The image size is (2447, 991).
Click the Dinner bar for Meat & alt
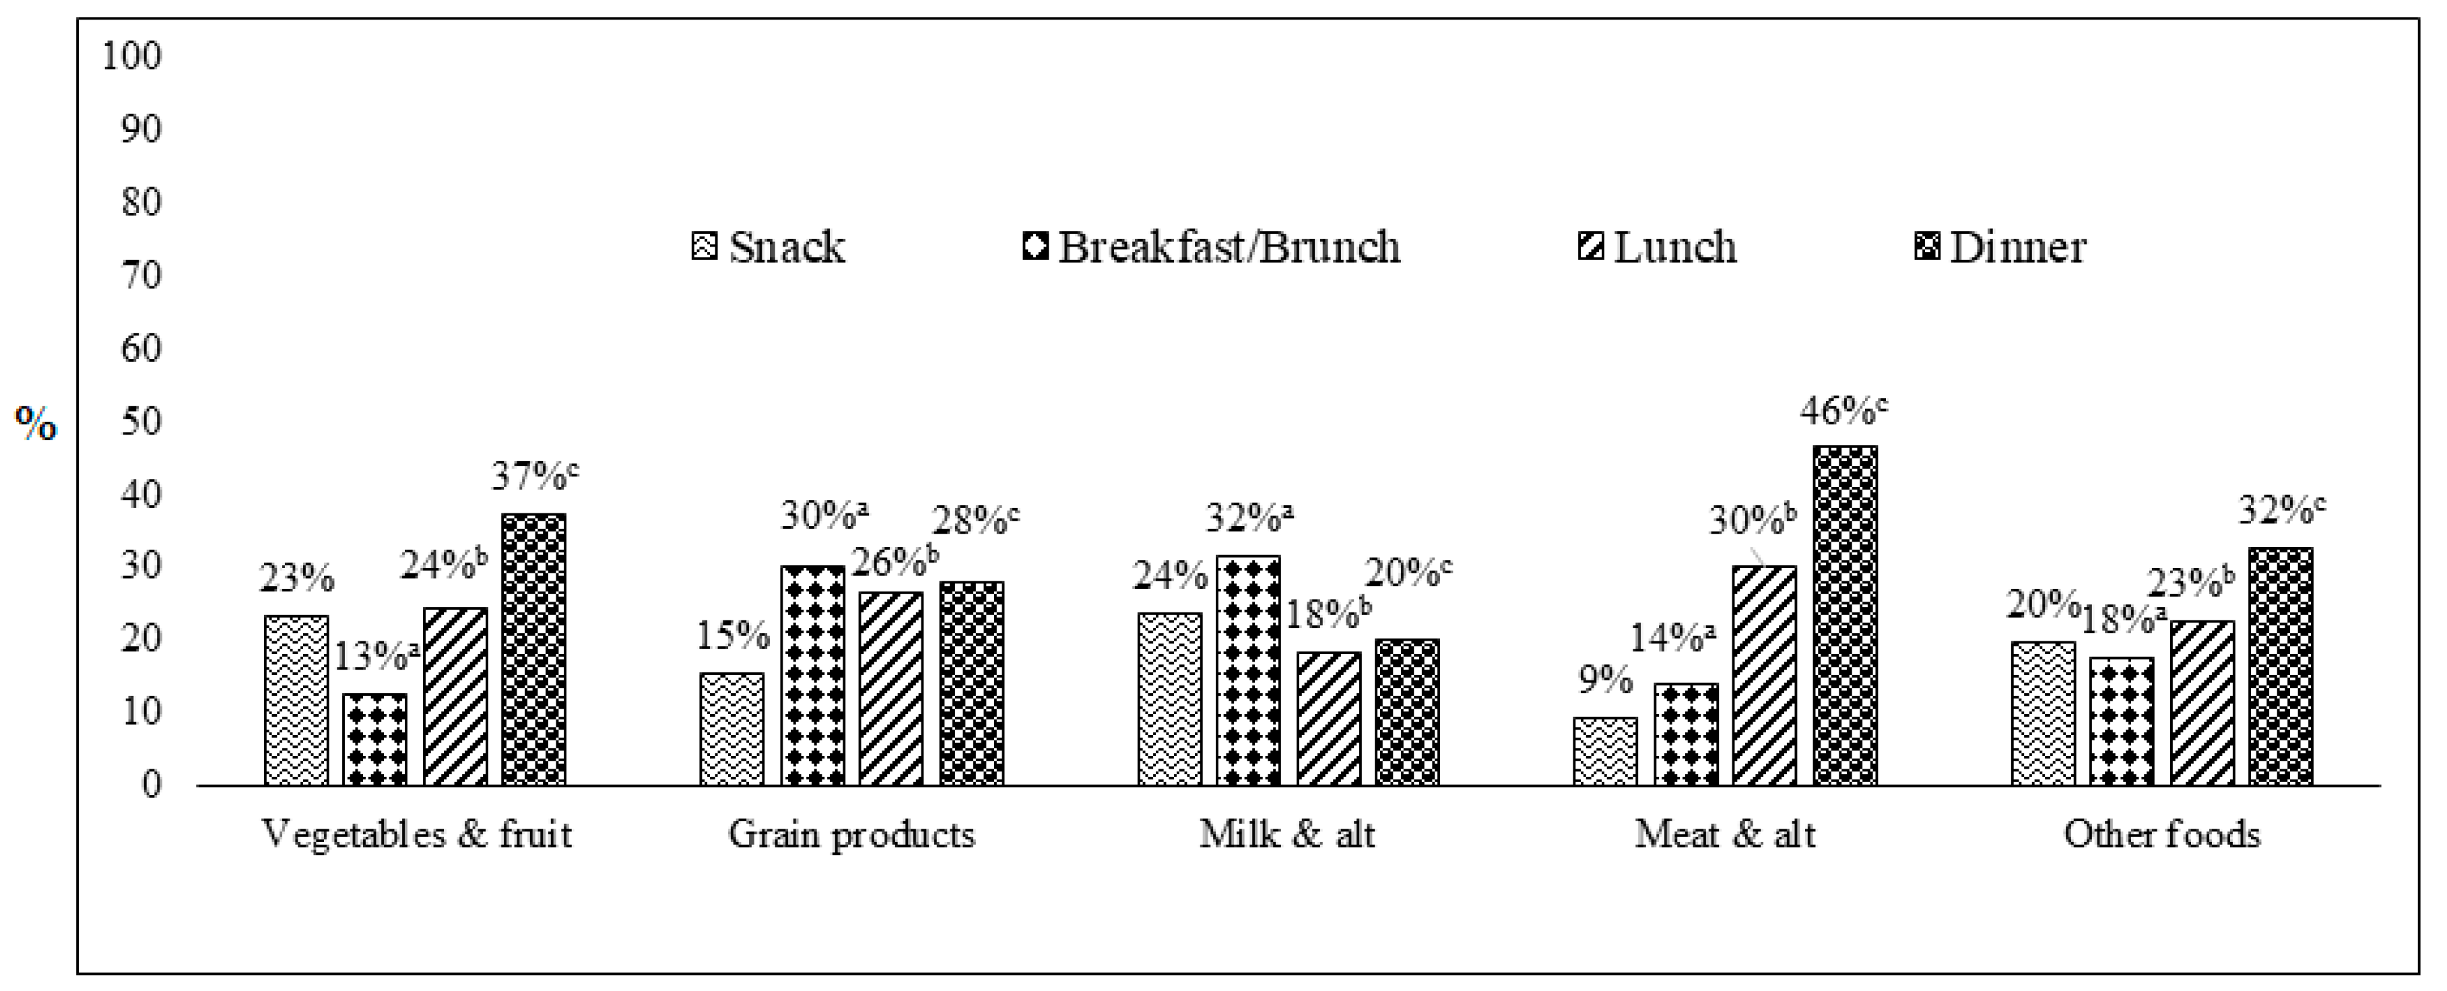1845,616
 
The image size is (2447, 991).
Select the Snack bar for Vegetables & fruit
296,700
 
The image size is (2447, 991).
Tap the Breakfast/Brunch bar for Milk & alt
1248,671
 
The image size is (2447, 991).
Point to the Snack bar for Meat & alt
1605,750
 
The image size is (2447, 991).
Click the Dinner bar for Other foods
2281,666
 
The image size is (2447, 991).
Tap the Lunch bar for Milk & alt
1328,718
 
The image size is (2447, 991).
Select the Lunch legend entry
1658,247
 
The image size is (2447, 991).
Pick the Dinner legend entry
2000,247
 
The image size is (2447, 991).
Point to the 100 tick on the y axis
132,56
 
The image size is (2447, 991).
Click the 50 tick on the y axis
141,421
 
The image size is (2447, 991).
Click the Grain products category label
851,834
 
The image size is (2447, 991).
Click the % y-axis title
36,423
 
